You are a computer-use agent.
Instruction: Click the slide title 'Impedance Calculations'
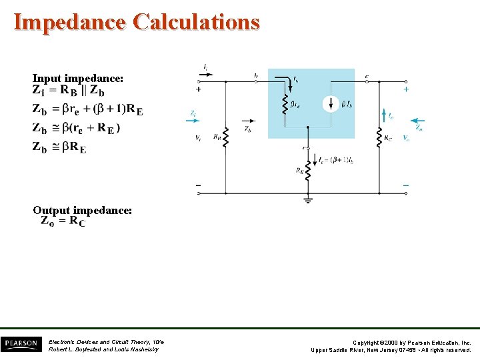click(137, 22)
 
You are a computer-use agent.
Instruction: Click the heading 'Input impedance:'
click(78, 78)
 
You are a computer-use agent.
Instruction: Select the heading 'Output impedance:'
click(83, 210)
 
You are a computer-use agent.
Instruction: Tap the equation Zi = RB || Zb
click(69, 91)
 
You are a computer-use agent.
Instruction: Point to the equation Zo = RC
click(63, 221)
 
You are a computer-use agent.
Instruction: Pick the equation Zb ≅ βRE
click(59, 147)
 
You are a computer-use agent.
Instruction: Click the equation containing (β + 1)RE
click(87, 109)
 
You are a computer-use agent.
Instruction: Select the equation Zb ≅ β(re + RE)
click(77, 128)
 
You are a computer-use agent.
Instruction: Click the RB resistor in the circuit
click(225, 138)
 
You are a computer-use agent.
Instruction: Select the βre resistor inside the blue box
click(285, 103)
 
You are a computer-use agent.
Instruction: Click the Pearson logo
click(21, 344)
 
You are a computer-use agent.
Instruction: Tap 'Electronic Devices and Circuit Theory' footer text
click(106, 341)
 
